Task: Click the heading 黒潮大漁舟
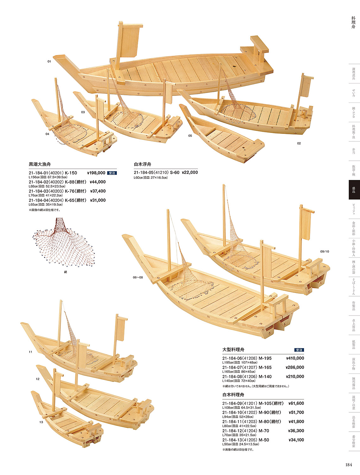tap(40, 164)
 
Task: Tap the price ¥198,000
tap(96, 173)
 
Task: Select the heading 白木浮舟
tap(142, 164)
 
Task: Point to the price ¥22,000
tap(190, 172)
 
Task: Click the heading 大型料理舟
tap(233, 350)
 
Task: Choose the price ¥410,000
tap(295, 358)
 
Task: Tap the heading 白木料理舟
tap(233, 395)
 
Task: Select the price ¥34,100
tap(296, 440)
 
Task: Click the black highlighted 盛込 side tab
tap(354, 190)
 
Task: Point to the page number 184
tap(349, 465)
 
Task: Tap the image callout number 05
tap(190, 136)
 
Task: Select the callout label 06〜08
tap(138, 278)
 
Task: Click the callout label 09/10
tap(325, 252)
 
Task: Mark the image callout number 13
tap(41, 422)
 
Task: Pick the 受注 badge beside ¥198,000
tap(112, 173)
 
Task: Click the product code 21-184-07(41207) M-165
tap(247, 367)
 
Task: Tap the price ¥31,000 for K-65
tap(98, 200)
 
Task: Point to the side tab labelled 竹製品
tap(354, 306)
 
